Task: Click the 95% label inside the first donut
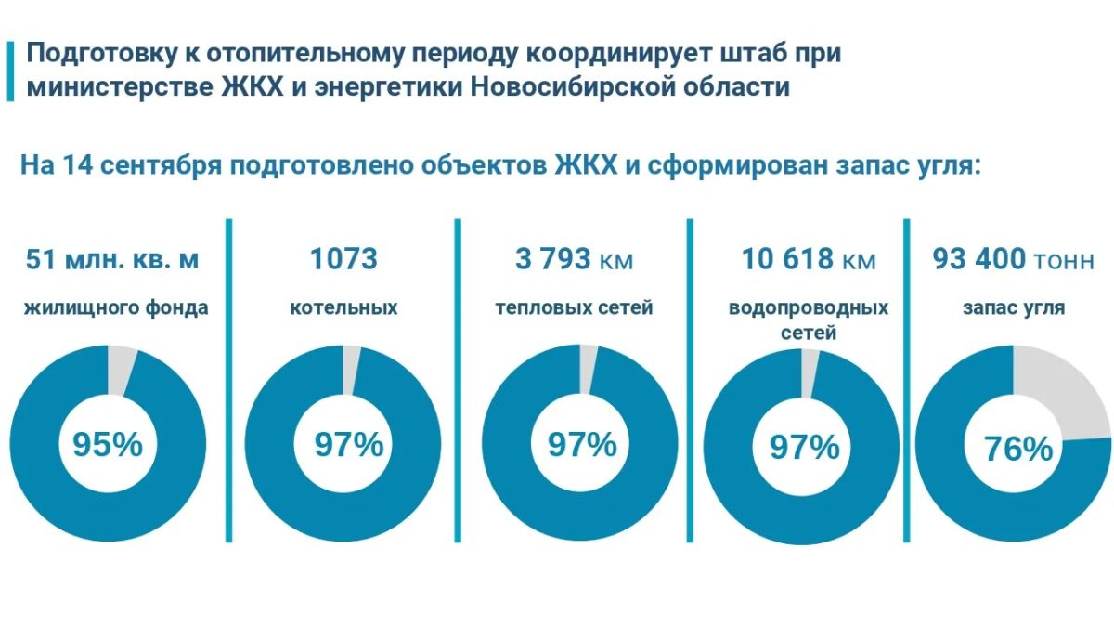[108, 444]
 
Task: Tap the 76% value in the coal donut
[1018, 449]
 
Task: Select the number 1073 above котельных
[343, 259]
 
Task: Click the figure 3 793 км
[574, 259]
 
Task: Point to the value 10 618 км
[809, 259]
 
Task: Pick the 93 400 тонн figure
[1014, 259]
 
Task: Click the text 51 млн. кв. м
[112, 259]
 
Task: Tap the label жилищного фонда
[116, 308]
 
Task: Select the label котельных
[343, 307]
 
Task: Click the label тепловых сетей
[574, 307]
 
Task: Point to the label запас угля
[1014, 308]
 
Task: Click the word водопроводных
[809, 308]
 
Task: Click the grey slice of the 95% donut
[120, 371]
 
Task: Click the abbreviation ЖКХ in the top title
[253, 87]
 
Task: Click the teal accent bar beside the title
[10, 72]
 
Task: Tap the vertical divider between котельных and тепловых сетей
[458, 381]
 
